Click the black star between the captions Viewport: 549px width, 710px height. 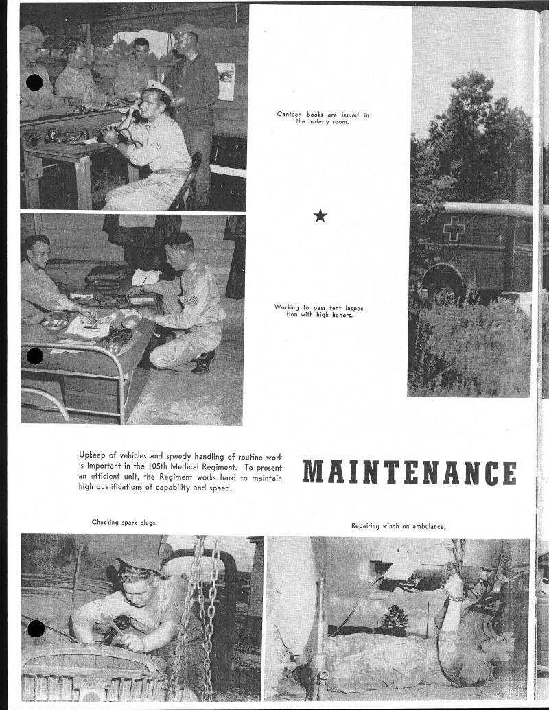320,216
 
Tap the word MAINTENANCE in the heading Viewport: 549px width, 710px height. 409,473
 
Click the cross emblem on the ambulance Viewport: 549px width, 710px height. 453,228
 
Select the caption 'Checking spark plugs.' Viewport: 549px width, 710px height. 124,523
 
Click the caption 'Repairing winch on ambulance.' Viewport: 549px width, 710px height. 398,526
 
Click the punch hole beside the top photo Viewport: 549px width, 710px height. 34,83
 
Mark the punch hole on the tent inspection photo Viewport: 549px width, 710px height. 34,356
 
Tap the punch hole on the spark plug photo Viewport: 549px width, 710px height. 36,628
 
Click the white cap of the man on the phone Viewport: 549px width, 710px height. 158,89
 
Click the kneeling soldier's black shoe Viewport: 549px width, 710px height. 205,362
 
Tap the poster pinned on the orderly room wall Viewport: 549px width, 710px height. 225,81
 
